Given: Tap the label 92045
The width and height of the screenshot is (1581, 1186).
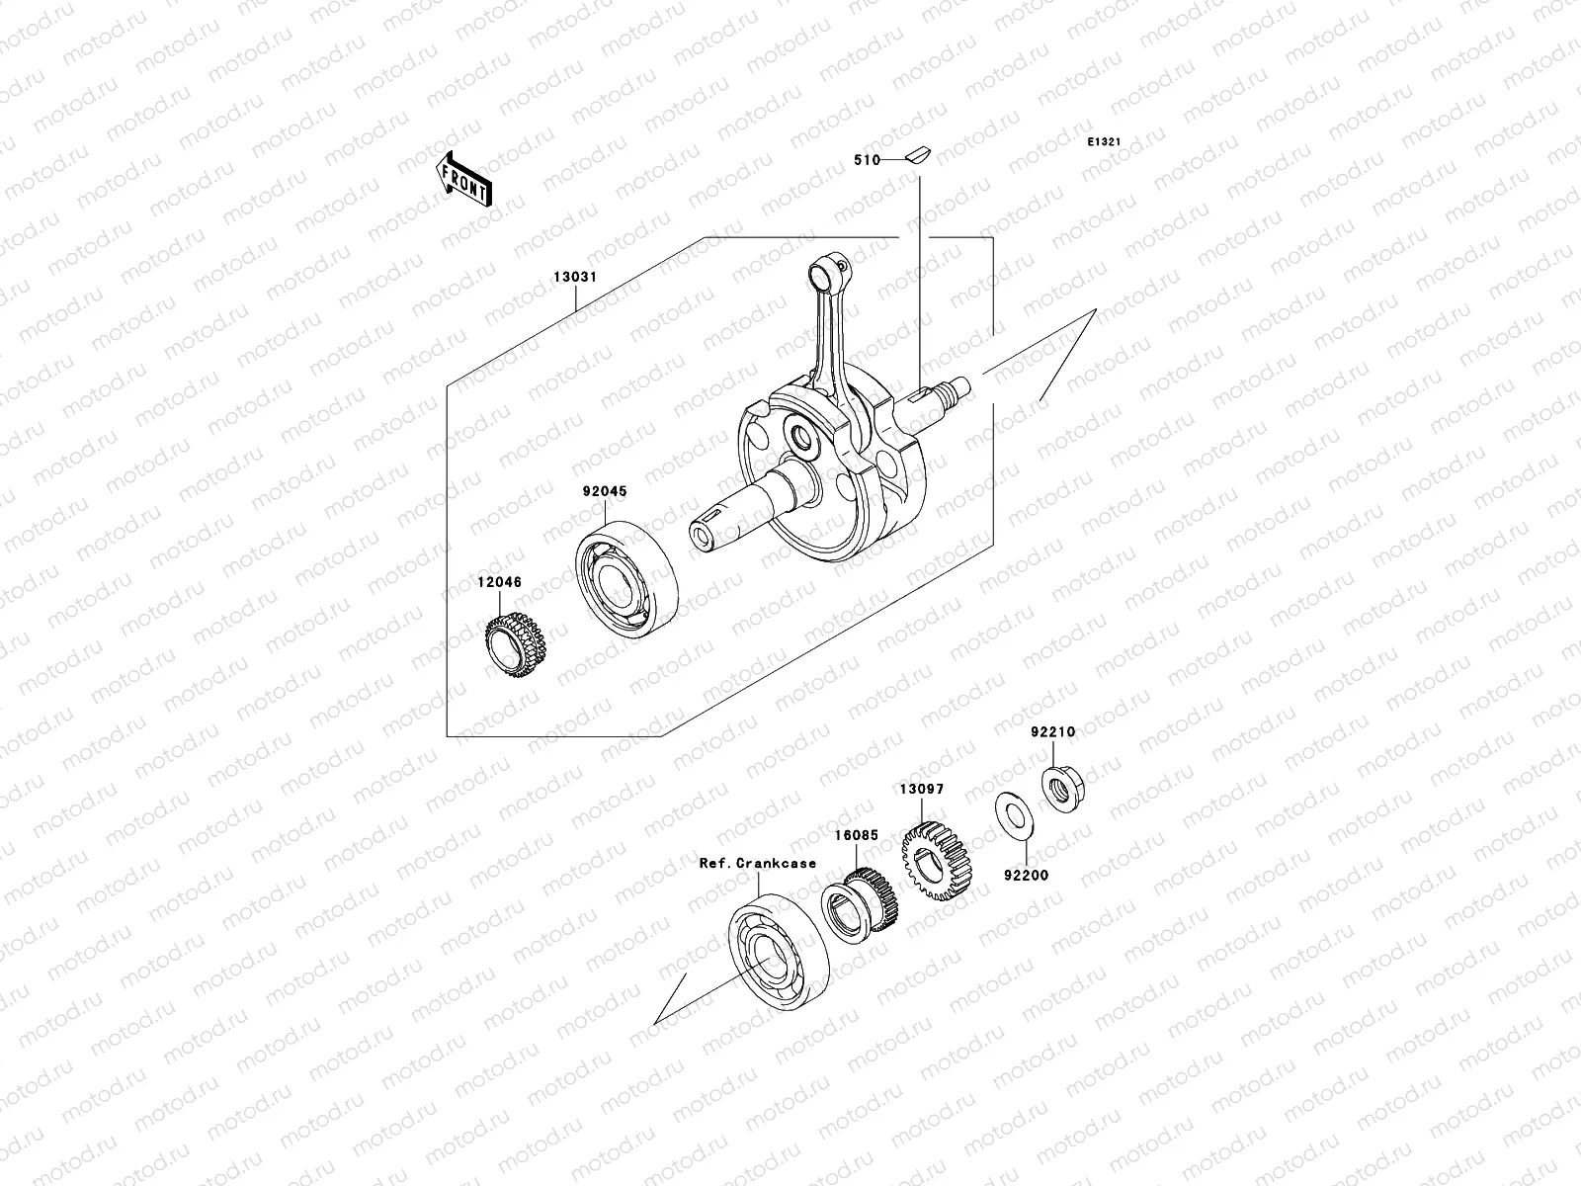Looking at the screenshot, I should pos(604,491).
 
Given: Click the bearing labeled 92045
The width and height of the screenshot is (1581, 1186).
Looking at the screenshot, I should pos(627,579).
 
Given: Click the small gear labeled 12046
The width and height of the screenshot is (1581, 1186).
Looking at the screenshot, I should pos(516,645).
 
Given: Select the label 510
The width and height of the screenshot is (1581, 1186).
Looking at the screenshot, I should pos(867,159).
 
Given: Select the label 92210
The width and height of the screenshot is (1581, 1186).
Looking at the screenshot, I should pos(1052,732).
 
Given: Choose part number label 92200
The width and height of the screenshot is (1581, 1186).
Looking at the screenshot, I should pos(1027,876).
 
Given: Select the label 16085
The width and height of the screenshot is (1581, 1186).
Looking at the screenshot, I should pos(856,835).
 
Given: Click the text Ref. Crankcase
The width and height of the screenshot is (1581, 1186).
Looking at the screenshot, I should pos(758,863).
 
